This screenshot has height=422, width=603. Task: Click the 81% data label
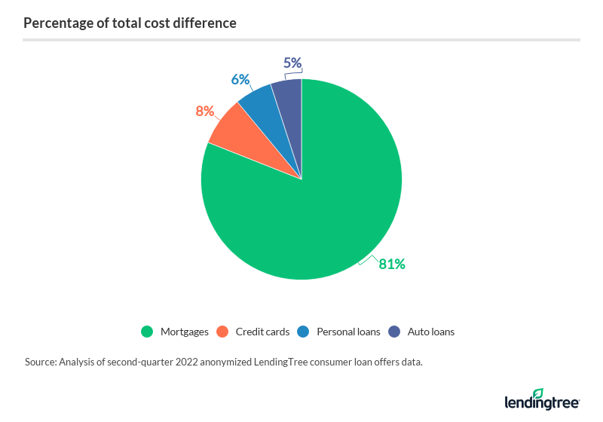coord(392,264)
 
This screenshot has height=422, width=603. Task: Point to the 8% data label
coord(204,112)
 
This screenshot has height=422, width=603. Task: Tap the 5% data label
coord(292,63)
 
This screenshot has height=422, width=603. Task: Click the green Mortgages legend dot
coord(147,332)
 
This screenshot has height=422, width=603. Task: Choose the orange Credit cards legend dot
coord(222,332)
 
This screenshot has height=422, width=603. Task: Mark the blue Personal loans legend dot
coord(303,332)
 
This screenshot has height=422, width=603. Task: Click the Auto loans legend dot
coord(394,332)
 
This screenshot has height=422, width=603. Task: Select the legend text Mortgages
coord(184,332)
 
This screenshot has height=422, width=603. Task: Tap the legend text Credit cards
coord(262,332)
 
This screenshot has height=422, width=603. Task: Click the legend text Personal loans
coord(348,332)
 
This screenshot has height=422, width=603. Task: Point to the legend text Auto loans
coord(431,332)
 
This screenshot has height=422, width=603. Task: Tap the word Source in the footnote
coord(41,362)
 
